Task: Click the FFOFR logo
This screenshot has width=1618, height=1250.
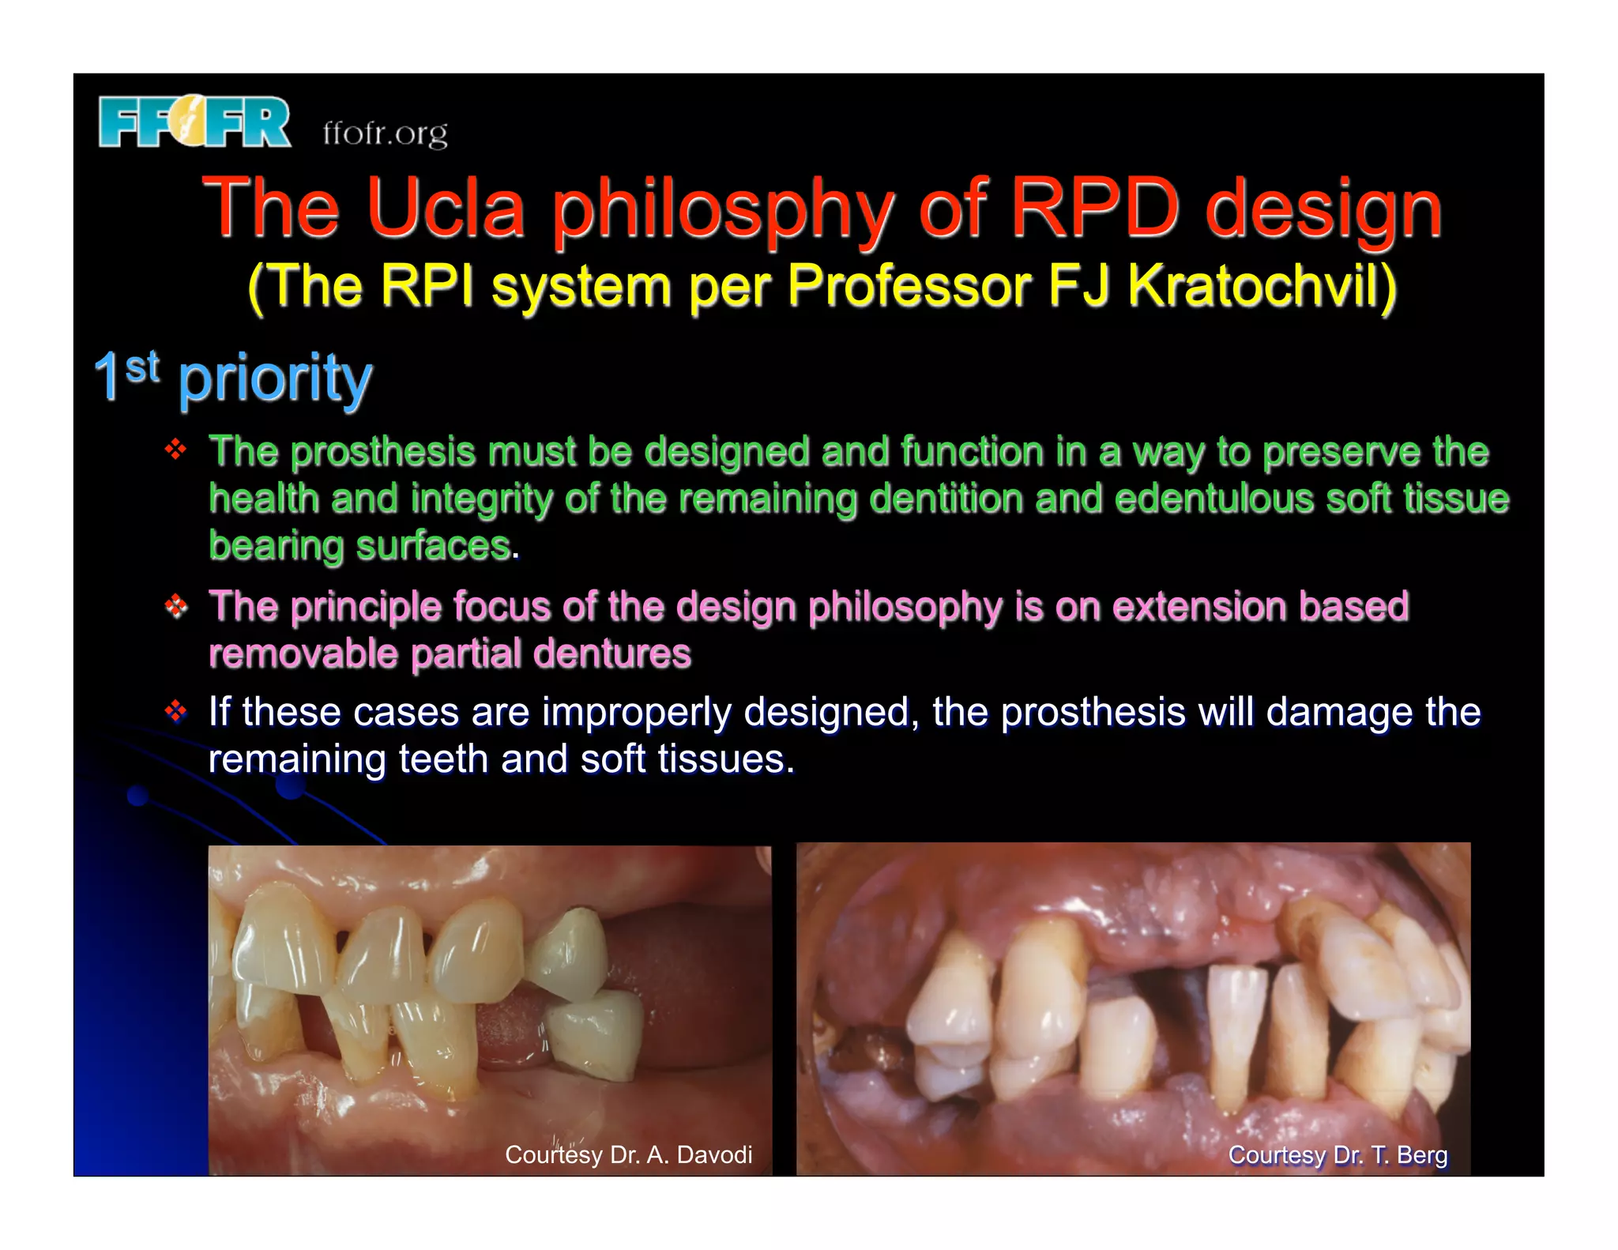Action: tap(194, 122)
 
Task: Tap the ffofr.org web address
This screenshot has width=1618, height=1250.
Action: tap(385, 133)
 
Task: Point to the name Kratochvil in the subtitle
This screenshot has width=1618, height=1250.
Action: tap(1262, 285)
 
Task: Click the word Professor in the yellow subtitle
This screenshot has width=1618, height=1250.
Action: tap(909, 285)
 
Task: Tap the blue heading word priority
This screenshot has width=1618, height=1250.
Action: tap(275, 378)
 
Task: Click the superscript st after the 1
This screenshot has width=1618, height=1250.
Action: tap(142, 367)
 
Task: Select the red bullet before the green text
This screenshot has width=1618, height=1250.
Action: tap(175, 450)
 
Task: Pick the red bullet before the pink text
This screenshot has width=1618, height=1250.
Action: tap(175, 606)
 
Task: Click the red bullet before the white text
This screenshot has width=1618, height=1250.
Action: tap(175, 711)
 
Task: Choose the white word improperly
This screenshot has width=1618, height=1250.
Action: tap(637, 713)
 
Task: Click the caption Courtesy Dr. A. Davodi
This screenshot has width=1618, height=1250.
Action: tap(628, 1154)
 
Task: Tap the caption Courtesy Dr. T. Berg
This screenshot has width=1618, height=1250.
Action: tap(1338, 1154)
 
